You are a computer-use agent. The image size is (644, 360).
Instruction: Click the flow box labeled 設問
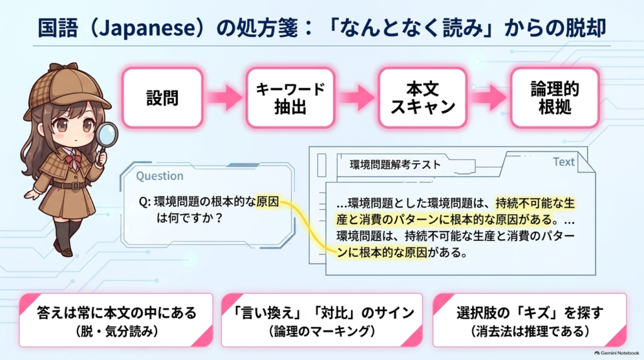(163, 98)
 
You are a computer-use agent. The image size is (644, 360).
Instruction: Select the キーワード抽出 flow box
(291, 98)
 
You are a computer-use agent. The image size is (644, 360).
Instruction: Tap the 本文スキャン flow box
(423, 98)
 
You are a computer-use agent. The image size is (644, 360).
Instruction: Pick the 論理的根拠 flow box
(555, 98)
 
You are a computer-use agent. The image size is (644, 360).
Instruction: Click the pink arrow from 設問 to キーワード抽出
(225, 98)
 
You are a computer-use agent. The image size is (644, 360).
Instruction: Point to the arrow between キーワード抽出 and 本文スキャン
(357, 98)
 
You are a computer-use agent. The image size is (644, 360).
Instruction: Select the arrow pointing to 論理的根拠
(489, 98)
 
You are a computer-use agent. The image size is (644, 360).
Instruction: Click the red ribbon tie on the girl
(74, 160)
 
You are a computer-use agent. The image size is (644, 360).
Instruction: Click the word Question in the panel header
(160, 176)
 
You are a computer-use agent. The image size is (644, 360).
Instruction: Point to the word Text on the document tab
(563, 162)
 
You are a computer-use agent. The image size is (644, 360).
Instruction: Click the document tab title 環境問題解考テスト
(395, 165)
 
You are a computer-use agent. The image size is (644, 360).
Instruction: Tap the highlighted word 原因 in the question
(267, 202)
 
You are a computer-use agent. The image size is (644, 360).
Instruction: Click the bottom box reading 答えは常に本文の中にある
(116, 320)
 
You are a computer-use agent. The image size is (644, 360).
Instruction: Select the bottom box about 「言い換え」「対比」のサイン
(322, 320)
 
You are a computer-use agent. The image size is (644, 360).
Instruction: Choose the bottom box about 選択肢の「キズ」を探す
(530, 320)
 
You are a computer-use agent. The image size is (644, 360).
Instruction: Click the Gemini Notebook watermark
(617, 353)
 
